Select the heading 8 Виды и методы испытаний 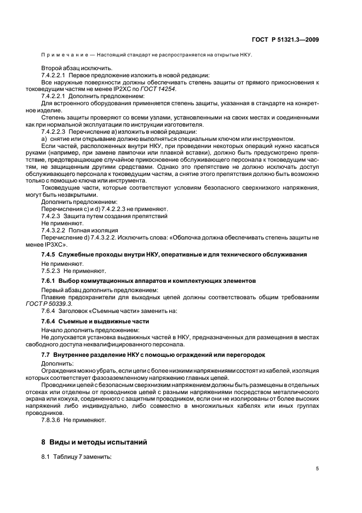coord(91,442)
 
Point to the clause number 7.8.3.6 coord(51,420)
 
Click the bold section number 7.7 coord(46,355)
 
